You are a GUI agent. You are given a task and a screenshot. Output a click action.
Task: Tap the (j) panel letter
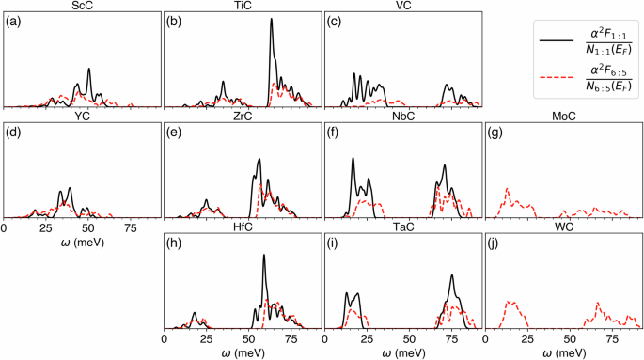(x=494, y=247)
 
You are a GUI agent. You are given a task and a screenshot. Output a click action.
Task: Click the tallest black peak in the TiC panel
(x=272, y=22)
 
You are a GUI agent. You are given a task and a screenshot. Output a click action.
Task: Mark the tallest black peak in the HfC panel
(x=264, y=256)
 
